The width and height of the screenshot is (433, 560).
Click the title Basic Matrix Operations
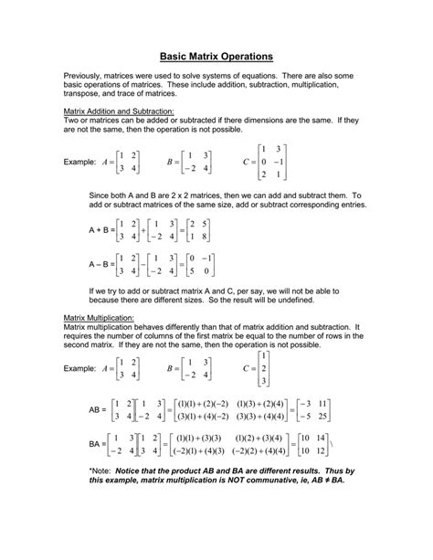pyautogui.click(x=216, y=55)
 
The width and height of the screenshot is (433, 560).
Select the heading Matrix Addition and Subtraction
pyautogui.click(x=117, y=111)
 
